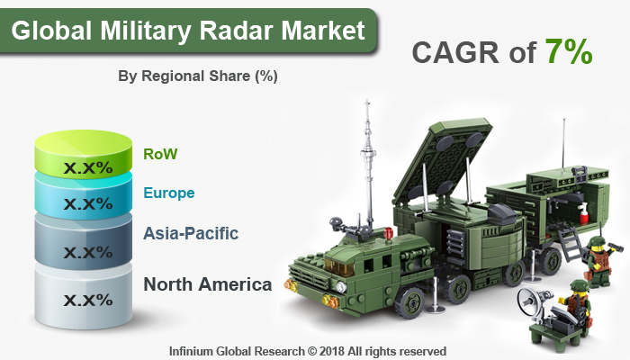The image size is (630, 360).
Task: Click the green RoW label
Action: pyautogui.click(x=160, y=154)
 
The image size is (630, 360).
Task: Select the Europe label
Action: pyautogui.click(x=168, y=193)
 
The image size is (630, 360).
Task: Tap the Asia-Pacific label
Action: pyautogui.click(x=190, y=234)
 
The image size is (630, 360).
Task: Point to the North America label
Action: pyautogui.click(x=208, y=285)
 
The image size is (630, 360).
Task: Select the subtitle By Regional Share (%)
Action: pyautogui.click(x=198, y=76)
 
